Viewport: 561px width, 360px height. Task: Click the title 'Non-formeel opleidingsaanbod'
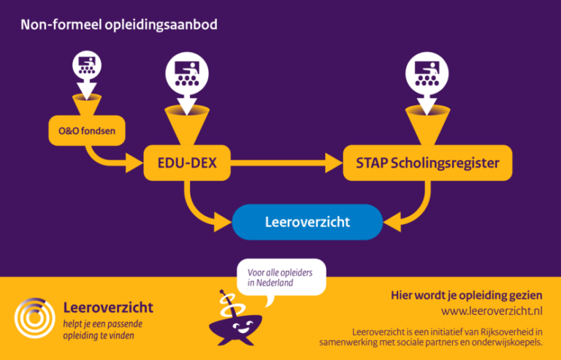click(x=119, y=25)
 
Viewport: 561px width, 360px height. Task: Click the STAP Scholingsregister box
click(x=427, y=163)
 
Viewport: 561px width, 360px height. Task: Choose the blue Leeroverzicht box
click(x=307, y=222)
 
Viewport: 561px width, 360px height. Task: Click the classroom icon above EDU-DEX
click(x=187, y=72)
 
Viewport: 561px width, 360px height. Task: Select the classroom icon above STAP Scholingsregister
click(x=427, y=72)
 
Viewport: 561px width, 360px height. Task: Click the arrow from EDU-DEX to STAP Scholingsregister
click(x=285, y=163)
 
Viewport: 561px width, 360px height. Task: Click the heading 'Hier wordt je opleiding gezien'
click(x=467, y=295)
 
